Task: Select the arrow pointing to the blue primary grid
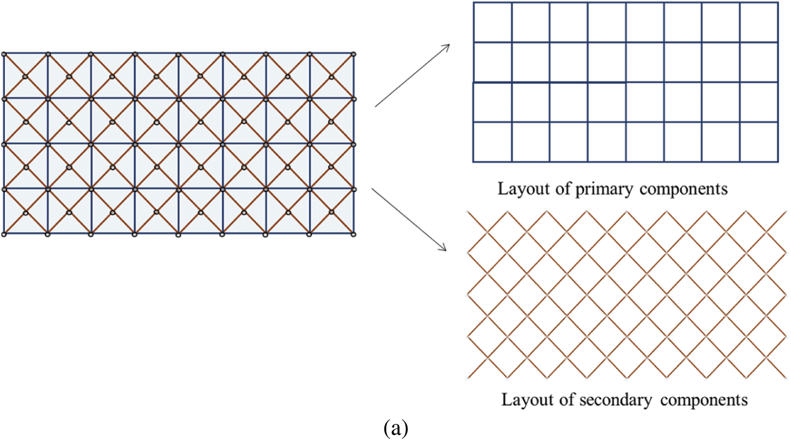[412, 76]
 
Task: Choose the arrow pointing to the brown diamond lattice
[409, 219]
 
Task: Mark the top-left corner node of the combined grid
[4, 54]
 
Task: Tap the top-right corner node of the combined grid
[354, 54]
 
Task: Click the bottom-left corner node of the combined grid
[4, 234]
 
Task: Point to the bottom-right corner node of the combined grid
[354, 234]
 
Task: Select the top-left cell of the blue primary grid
[493, 22]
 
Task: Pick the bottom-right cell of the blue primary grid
[759, 142]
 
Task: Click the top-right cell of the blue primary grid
[759, 22]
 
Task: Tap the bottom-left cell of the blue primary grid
[493, 142]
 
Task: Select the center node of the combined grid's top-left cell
[25, 76]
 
